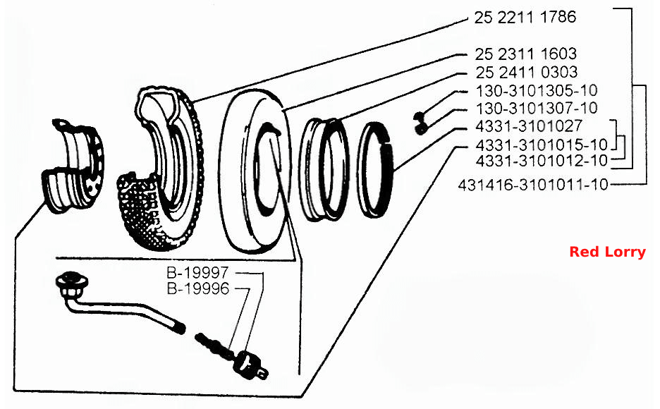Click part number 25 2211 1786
(525, 17)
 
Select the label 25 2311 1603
(526, 54)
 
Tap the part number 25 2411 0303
(527, 72)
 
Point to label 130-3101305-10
(537, 90)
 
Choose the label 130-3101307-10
(537, 108)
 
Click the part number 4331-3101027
(529, 126)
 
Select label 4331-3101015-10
(542, 145)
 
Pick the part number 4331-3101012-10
(542, 160)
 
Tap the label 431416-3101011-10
(533, 185)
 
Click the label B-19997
(198, 273)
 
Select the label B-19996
(198, 288)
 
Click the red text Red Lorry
(607, 252)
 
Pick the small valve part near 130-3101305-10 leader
(420, 123)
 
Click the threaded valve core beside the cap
(214, 346)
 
